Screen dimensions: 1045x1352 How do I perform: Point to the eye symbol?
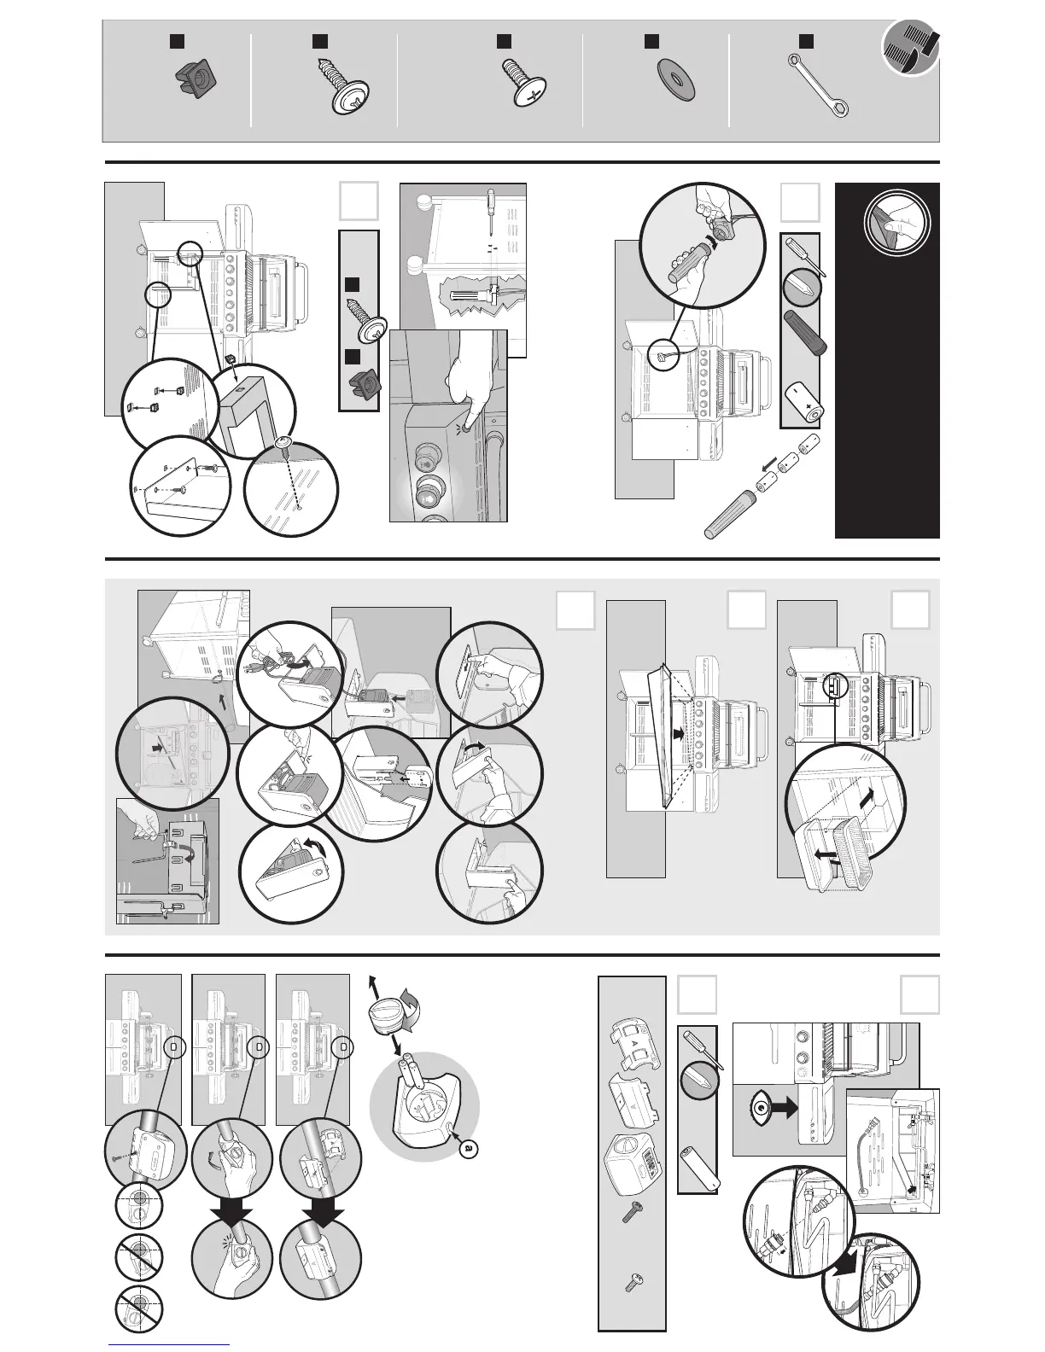757,1109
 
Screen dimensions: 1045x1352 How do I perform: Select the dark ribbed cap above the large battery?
804,333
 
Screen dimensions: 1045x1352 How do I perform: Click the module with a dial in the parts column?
633,1159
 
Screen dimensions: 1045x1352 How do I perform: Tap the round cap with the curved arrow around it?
388,1019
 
